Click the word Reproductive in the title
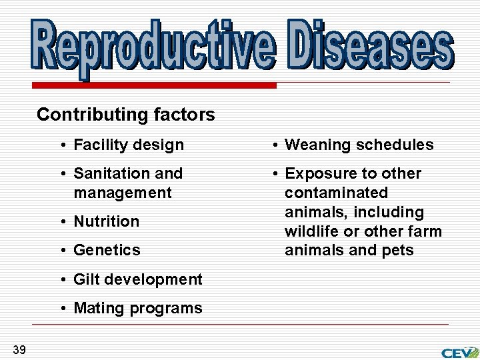coord(151,45)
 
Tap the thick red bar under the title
coord(153,86)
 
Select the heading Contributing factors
coord(125,115)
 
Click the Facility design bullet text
coord(128,145)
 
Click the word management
coord(123,193)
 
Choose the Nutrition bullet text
coord(106,221)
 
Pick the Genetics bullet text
coord(107,250)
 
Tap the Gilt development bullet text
coord(137,279)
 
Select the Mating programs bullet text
coord(137,308)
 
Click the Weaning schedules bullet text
coord(359,145)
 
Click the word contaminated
coord(336,193)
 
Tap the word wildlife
coord(309,231)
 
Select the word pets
coord(399,251)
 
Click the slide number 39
coord(19,349)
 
